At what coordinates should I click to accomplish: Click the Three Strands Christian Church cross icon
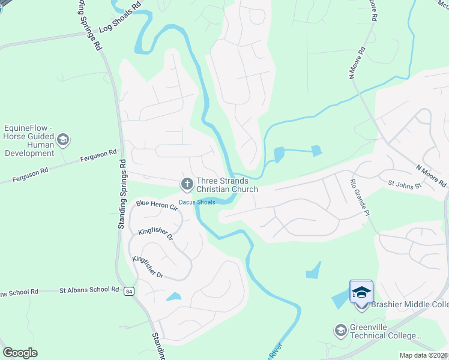[187, 184]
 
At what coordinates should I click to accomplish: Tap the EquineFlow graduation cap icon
[62, 140]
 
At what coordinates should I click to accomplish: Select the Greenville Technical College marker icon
[341, 331]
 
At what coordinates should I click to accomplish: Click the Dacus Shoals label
[197, 202]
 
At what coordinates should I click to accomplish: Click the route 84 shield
[129, 291]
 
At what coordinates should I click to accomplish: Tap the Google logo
[20, 352]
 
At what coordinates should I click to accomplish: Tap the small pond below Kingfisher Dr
[173, 296]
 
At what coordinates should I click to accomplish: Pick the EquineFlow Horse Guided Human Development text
[29, 140]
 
